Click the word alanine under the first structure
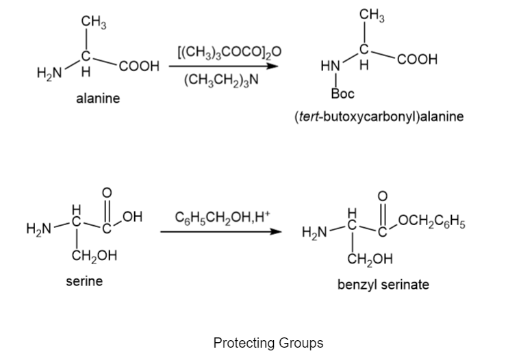pos(98,98)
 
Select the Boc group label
pos(343,94)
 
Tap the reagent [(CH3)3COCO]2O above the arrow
pos(229,52)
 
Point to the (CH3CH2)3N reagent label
pos(222,79)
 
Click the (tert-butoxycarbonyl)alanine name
pos(379,116)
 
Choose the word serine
pos(84,281)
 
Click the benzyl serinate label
pos(383,285)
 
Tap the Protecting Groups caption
pos(268,342)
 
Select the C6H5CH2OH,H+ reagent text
pos(223,217)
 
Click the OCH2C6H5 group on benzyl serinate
pos(432,222)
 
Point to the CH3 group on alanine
pos(94,23)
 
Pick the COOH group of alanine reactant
pos(139,66)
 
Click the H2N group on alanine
pos(49,73)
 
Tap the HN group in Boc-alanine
pos(331,66)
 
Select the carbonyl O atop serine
pos(107,193)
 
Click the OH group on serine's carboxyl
pos(133,217)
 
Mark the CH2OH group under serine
pos(94,256)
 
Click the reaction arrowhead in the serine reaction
pos(276,231)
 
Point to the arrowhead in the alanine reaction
pos(272,66)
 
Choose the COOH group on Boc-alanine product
pos(418,60)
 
